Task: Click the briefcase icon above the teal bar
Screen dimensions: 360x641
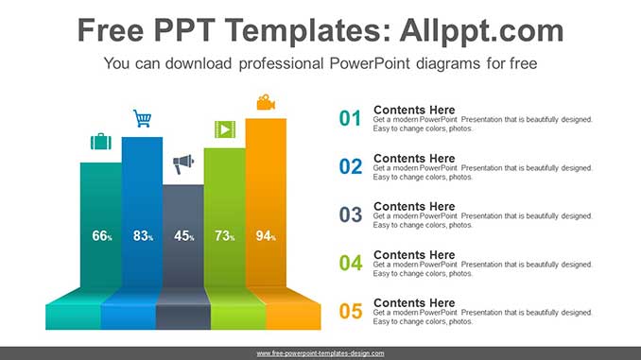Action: click(101, 142)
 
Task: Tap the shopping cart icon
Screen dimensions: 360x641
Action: click(142, 118)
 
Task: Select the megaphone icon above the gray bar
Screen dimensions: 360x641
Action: click(182, 164)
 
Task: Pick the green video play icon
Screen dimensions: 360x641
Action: click(224, 129)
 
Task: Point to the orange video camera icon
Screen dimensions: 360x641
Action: click(266, 101)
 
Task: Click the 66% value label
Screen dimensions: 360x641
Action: click(102, 236)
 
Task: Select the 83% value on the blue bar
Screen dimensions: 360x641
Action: click(143, 236)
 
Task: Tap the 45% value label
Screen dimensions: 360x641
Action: click(183, 236)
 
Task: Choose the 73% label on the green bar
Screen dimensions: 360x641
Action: click(224, 236)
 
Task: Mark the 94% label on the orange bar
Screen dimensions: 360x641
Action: click(266, 236)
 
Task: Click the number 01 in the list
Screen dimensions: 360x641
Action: click(351, 118)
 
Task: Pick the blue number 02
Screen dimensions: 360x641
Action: click(351, 166)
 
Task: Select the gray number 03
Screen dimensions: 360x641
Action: click(351, 214)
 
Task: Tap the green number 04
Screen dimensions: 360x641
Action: click(351, 263)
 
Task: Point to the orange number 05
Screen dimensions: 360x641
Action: click(351, 311)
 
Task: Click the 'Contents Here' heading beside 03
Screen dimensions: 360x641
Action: click(414, 206)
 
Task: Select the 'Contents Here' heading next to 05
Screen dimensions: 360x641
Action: click(414, 302)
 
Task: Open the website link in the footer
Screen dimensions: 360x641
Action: click(320, 353)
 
